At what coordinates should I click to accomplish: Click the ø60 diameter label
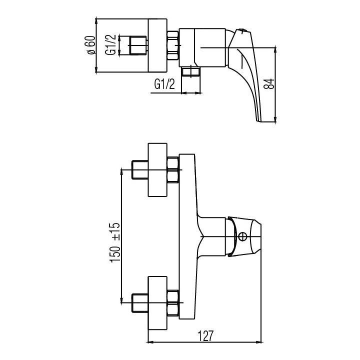(x=90, y=47)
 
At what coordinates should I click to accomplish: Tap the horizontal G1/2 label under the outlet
(x=164, y=84)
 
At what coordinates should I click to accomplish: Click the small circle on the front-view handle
(x=243, y=237)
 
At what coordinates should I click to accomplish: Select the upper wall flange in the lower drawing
(x=158, y=170)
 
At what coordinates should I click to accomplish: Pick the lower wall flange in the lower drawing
(x=158, y=302)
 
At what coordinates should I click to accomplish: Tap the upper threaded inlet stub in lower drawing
(x=138, y=170)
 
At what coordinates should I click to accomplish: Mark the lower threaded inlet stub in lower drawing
(x=138, y=302)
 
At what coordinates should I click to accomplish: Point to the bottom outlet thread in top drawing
(x=191, y=72)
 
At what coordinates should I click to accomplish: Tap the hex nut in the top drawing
(x=173, y=47)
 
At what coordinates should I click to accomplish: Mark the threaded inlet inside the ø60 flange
(x=137, y=47)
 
